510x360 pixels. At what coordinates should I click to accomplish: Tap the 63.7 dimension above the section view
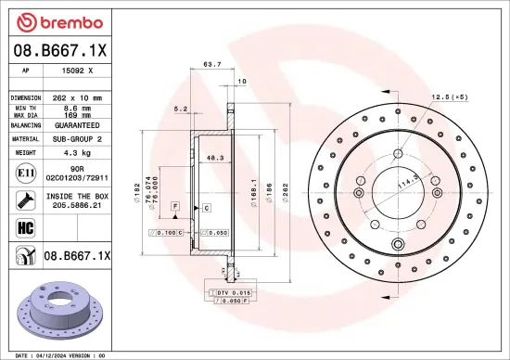tap(211, 65)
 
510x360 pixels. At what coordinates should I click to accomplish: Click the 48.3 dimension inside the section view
tap(214, 157)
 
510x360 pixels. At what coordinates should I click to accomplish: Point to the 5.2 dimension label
tap(181, 109)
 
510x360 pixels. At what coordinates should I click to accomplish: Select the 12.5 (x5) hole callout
tap(449, 97)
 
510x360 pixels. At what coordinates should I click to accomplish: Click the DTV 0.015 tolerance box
tap(229, 292)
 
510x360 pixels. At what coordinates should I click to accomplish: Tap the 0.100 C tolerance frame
tap(169, 233)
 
